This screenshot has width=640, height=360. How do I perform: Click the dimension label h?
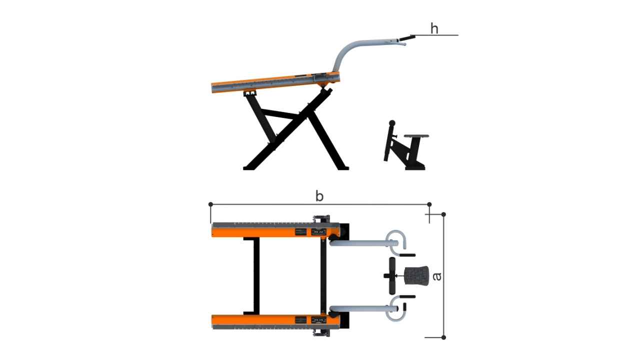(x=434, y=29)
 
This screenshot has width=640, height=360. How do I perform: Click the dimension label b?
(x=319, y=196)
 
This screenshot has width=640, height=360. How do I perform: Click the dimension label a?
(x=437, y=276)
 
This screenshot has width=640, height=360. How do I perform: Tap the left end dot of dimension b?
(x=211, y=204)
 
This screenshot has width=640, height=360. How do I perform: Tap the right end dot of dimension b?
(x=429, y=204)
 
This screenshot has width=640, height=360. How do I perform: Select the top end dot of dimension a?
(x=443, y=214)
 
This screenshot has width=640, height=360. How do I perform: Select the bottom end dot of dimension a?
(x=443, y=337)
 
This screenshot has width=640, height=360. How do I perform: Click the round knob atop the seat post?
(x=392, y=123)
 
